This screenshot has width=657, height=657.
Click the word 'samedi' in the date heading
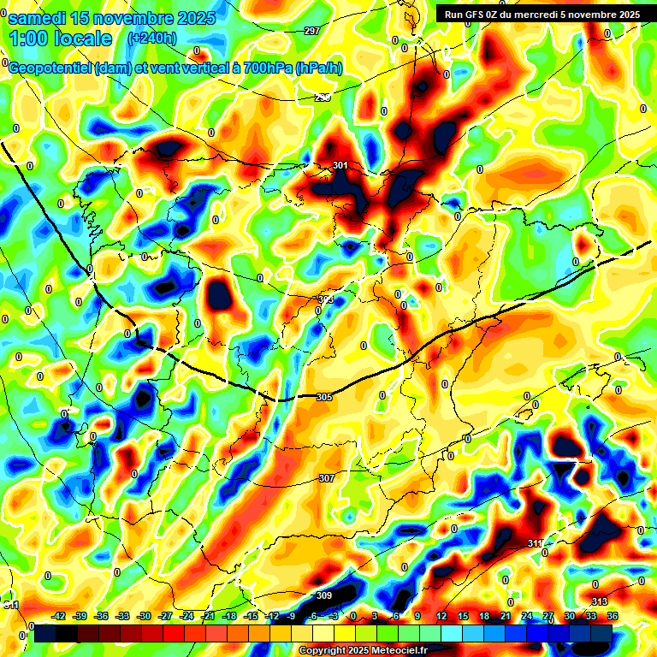point(41,17)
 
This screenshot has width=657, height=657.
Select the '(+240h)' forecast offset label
point(151,38)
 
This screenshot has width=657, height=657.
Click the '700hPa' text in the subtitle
point(264,68)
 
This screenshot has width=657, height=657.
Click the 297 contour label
point(311,31)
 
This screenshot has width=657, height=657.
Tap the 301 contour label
point(340,165)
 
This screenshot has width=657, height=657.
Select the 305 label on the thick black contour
point(323,397)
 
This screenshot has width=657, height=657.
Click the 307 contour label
point(326,478)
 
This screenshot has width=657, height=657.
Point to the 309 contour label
point(323,595)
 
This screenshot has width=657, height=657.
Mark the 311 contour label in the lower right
point(534,543)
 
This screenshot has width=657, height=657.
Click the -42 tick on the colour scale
point(59,616)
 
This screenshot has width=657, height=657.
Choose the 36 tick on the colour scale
point(612,616)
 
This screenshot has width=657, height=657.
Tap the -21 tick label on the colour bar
point(208,616)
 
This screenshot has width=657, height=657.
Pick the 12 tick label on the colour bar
point(441,616)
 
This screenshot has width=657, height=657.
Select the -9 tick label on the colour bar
point(293,616)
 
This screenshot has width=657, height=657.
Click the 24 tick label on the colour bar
point(526,616)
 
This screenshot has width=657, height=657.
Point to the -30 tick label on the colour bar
point(144,616)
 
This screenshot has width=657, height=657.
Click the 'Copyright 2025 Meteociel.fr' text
point(363,650)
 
